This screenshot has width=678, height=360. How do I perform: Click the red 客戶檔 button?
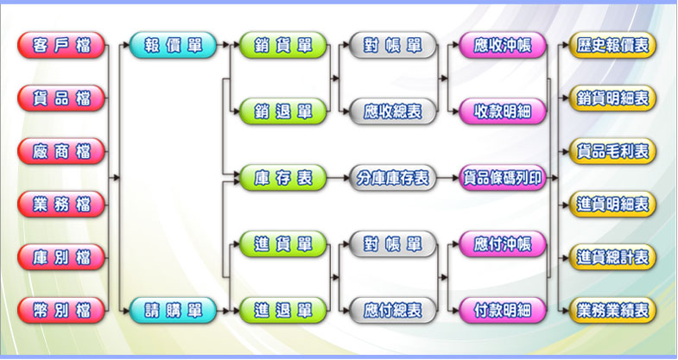61,45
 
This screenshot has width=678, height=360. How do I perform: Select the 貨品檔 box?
61,98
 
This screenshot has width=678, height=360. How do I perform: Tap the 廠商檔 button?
61,151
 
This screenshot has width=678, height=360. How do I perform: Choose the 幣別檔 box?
61,309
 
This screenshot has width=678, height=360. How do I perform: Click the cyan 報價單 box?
174,45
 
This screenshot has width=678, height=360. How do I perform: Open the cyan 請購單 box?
174,309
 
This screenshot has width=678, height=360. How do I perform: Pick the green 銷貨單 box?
283,45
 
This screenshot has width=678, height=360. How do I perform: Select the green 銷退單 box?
283,111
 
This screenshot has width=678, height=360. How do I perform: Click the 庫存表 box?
283,178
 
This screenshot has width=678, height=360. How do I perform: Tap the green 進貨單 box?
283,243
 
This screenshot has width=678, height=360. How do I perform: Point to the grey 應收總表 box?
393,111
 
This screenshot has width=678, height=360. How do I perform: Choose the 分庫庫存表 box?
393,178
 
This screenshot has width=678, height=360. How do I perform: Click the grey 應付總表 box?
393,309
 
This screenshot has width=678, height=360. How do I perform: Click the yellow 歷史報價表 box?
614,45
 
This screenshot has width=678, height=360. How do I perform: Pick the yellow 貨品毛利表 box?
614,151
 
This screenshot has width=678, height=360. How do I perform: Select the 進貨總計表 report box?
614,257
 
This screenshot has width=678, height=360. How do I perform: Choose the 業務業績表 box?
614,309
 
